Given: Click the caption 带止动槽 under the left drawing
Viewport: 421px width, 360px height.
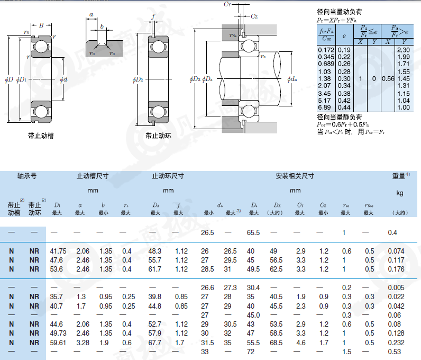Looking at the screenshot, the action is pos(41,136).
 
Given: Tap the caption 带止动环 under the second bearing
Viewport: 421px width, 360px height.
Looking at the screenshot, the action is pos(158,136).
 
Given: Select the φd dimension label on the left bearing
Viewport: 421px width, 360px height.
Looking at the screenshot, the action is pos(63,79).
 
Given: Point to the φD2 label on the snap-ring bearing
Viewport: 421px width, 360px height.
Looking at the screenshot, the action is pos(138,79).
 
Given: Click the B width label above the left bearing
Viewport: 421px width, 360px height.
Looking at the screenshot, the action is pos(41,25).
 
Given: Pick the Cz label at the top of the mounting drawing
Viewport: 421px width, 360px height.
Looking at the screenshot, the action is pos(254,16).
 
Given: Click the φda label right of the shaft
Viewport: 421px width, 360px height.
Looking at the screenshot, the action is pos(292,79).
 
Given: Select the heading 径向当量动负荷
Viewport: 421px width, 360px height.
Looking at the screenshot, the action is pos(340,12).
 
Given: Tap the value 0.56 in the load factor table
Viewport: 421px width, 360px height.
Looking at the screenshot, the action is pos(388,79).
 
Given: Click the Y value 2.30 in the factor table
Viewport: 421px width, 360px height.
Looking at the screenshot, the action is pos(403,50).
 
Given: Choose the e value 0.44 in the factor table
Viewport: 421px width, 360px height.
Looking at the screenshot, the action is pos(344,107).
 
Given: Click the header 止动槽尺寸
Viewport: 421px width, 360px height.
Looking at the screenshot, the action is pos(93,176).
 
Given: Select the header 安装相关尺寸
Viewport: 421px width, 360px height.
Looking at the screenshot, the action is pos(295,176).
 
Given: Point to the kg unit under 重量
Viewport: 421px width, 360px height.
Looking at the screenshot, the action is pos(400,193).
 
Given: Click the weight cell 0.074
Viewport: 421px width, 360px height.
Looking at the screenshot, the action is pos(396,251).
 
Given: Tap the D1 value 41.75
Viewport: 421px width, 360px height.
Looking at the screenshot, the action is pos(58,251).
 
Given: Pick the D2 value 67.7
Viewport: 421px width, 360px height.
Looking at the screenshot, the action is pos(154,343).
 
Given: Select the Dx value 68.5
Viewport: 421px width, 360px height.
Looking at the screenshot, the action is pos(276,343).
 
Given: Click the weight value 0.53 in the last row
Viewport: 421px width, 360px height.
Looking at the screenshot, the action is pos(394,352).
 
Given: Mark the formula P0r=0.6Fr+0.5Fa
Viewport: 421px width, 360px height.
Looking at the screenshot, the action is pos(343,124).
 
